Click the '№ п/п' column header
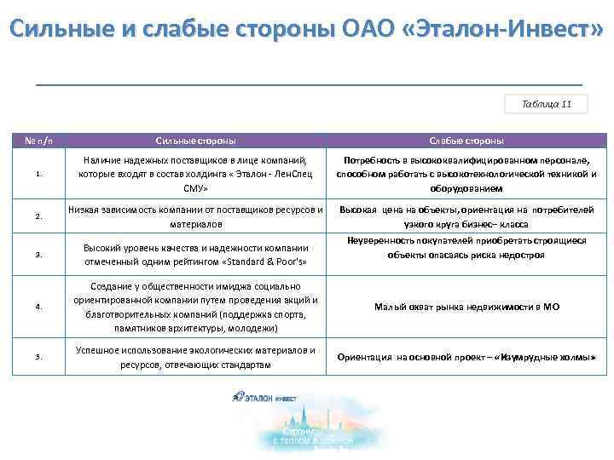(x=39, y=141)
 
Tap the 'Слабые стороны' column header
(x=466, y=141)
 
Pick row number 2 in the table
(x=39, y=216)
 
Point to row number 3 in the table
(x=39, y=254)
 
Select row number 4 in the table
(x=39, y=307)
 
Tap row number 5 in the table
(x=39, y=357)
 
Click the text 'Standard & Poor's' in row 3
(x=261, y=261)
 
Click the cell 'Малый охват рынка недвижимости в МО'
(x=466, y=307)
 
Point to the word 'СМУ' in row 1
(x=196, y=188)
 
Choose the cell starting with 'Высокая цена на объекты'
(x=466, y=216)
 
